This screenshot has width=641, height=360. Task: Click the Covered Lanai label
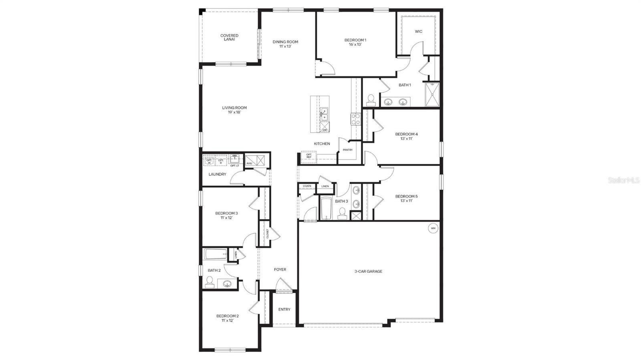point(229,38)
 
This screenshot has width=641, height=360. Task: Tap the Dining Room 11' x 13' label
point(285,44)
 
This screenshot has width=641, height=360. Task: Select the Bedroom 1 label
point(355,40)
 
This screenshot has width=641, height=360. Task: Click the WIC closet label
point(419,32)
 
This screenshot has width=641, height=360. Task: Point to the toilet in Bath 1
point(371,99)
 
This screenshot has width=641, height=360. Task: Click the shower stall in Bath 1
point(432,94)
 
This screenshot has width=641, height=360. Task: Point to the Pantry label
point(348,150)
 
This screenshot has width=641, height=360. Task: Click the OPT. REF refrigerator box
point(309,156)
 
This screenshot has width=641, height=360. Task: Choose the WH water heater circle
point(433,228)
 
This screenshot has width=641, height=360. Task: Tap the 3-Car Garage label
point(368,272)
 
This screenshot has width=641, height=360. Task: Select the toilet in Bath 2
point(209,282)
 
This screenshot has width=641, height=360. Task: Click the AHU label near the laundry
point(249,163)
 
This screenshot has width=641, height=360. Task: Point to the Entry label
point(284,310)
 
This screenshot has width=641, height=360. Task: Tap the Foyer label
point(280,269)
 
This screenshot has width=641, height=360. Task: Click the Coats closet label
point(307,186)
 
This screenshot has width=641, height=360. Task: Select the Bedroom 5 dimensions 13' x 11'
point(406,201)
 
